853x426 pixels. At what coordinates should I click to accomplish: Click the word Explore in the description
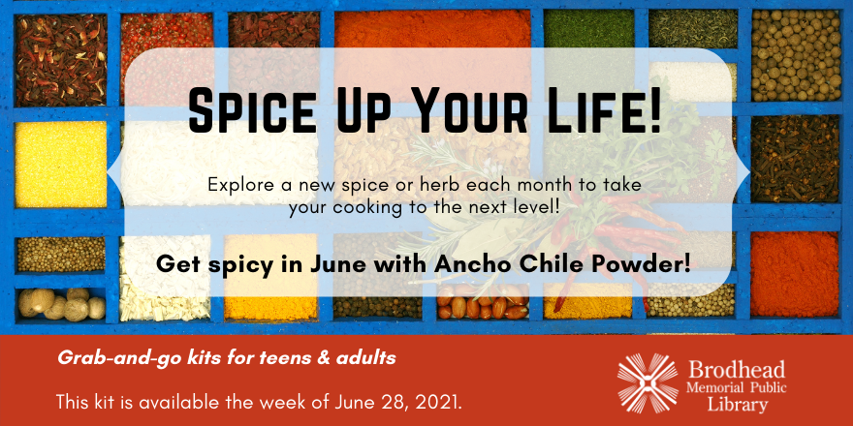point(235,186)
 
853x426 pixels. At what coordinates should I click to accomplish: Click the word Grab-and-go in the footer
point(100,358)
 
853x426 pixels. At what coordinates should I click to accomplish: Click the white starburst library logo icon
point(648,382)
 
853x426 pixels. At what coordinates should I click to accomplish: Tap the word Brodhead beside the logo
point(737,370)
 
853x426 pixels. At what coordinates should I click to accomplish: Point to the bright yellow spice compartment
point(61,164)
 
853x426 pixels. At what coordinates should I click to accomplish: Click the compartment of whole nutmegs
point(61,304)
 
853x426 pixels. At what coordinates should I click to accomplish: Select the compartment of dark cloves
point(796,159)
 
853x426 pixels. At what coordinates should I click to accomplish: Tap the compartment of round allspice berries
point(796,55)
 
